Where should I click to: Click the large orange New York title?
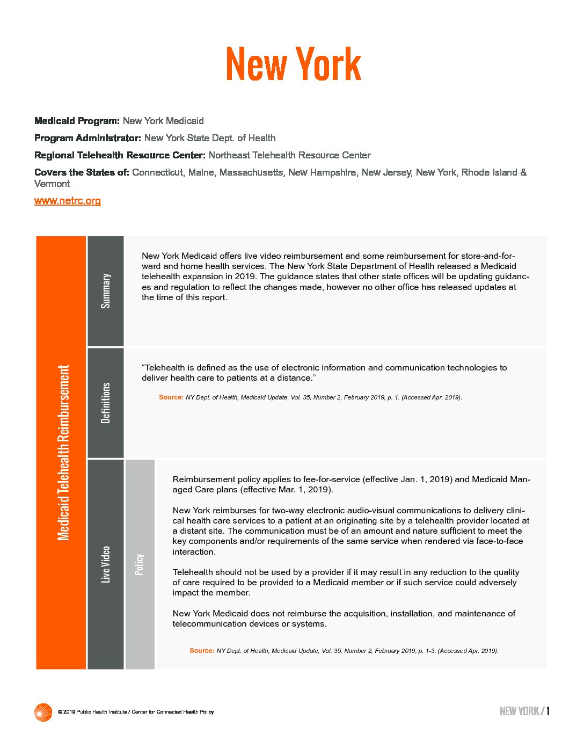pyautogui.click(x=293, y=64)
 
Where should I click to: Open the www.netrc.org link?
pyautogui.click(x=67, y=201)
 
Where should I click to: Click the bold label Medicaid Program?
pyautogui.click(x=77, y=121)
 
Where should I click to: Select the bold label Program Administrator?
pyautogui.click(x=87, y=138)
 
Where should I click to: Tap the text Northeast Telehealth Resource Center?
pyautogui.click(x=289, y=155)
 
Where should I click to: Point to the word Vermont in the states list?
pyautogui.click(x=52, y=184)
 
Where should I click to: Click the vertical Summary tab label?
pyautogui.click(x=106, y=291)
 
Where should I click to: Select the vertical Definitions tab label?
pyautogui.click(x=106, y=403)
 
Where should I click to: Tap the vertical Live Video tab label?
pyautogui.click(x=106, y=564)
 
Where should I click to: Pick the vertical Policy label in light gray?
pyautogui.click(x=140, y=564)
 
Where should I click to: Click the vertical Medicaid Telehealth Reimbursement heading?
pyautogui.click(x=63, y=453)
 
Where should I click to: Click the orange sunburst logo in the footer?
pyautogui.click(x=43, y=712)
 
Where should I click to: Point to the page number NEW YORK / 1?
pyautogui.click(x=524, y=711)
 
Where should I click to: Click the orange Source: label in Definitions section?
pyautogui.click(x=171, y=397)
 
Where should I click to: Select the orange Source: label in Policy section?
pyautogui.click(x=202, y=651)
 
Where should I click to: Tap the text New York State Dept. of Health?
pyautogui.click(x=210, y=138)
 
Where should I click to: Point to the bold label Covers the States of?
pyautogui.click(x=82, y=172)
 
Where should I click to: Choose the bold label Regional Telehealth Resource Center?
pyautogui.click(x=120, y=155)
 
